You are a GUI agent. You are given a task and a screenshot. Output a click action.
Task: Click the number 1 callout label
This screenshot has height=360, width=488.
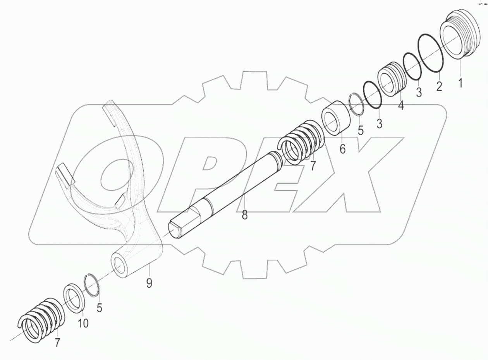(461, 82)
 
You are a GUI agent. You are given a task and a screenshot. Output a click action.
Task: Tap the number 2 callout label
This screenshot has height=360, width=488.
(439, 86)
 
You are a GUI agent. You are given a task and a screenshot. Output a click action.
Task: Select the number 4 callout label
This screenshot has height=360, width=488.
(401, 105)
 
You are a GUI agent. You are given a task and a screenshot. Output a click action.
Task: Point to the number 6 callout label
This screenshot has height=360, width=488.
(343, 148)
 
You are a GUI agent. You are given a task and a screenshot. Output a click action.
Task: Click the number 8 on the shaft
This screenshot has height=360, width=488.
(245, 215)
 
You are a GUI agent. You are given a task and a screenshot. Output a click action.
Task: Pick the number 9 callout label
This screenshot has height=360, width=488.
(149, 283)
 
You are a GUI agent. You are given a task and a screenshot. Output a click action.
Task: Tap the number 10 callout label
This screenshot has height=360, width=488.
(83, 323)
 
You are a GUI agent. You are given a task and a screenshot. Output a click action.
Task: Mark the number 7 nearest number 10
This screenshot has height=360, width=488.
(57, 342)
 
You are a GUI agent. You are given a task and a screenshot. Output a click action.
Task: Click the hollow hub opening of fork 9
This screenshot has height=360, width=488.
(120, 265)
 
